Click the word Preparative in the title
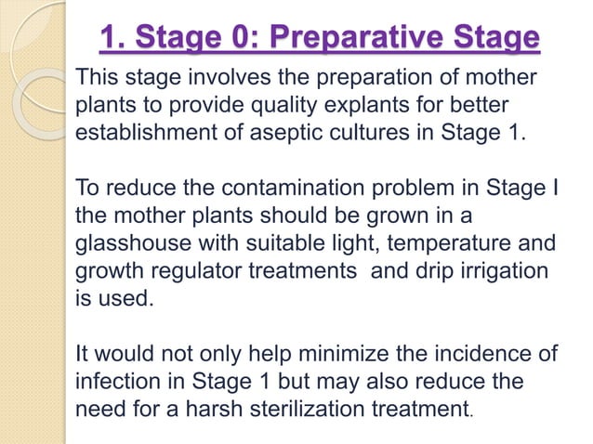pyautogui.click(x=349, y=40)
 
